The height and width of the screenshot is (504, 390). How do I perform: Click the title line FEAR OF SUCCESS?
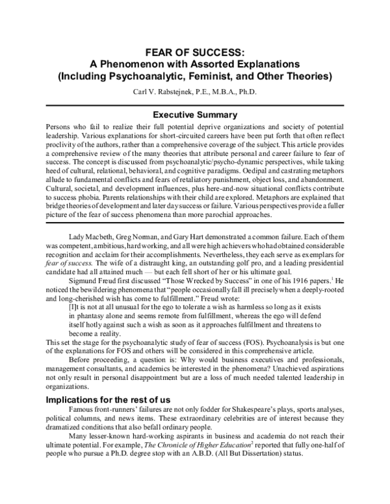tap(194, 53)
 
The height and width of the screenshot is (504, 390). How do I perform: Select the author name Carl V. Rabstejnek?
tap(165, 92)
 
